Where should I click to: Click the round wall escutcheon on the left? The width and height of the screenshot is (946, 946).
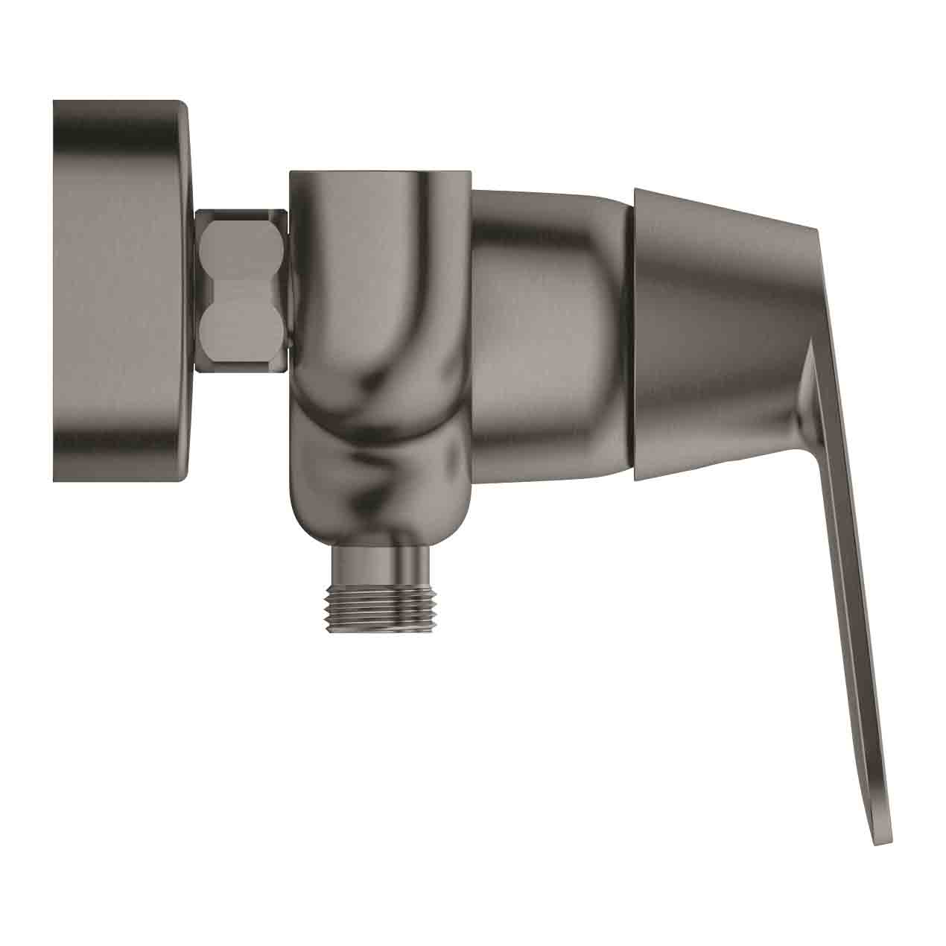click(119, 291)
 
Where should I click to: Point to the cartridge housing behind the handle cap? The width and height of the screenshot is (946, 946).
click(551, 328)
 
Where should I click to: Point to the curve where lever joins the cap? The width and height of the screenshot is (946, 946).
click(808, 372)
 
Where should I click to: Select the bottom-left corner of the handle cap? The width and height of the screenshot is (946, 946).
click(638, 477)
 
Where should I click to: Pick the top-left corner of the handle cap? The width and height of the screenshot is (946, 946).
click(638, 191)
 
